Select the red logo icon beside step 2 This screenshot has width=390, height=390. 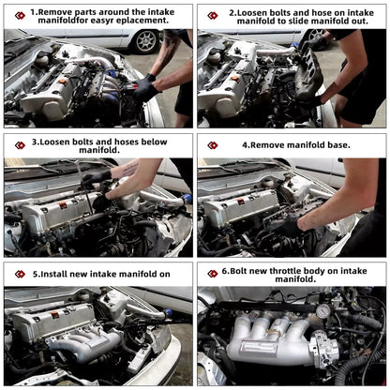213,16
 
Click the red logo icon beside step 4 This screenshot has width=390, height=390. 213,145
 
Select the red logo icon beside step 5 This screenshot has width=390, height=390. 20,274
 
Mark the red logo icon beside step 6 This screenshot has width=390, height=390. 213,274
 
